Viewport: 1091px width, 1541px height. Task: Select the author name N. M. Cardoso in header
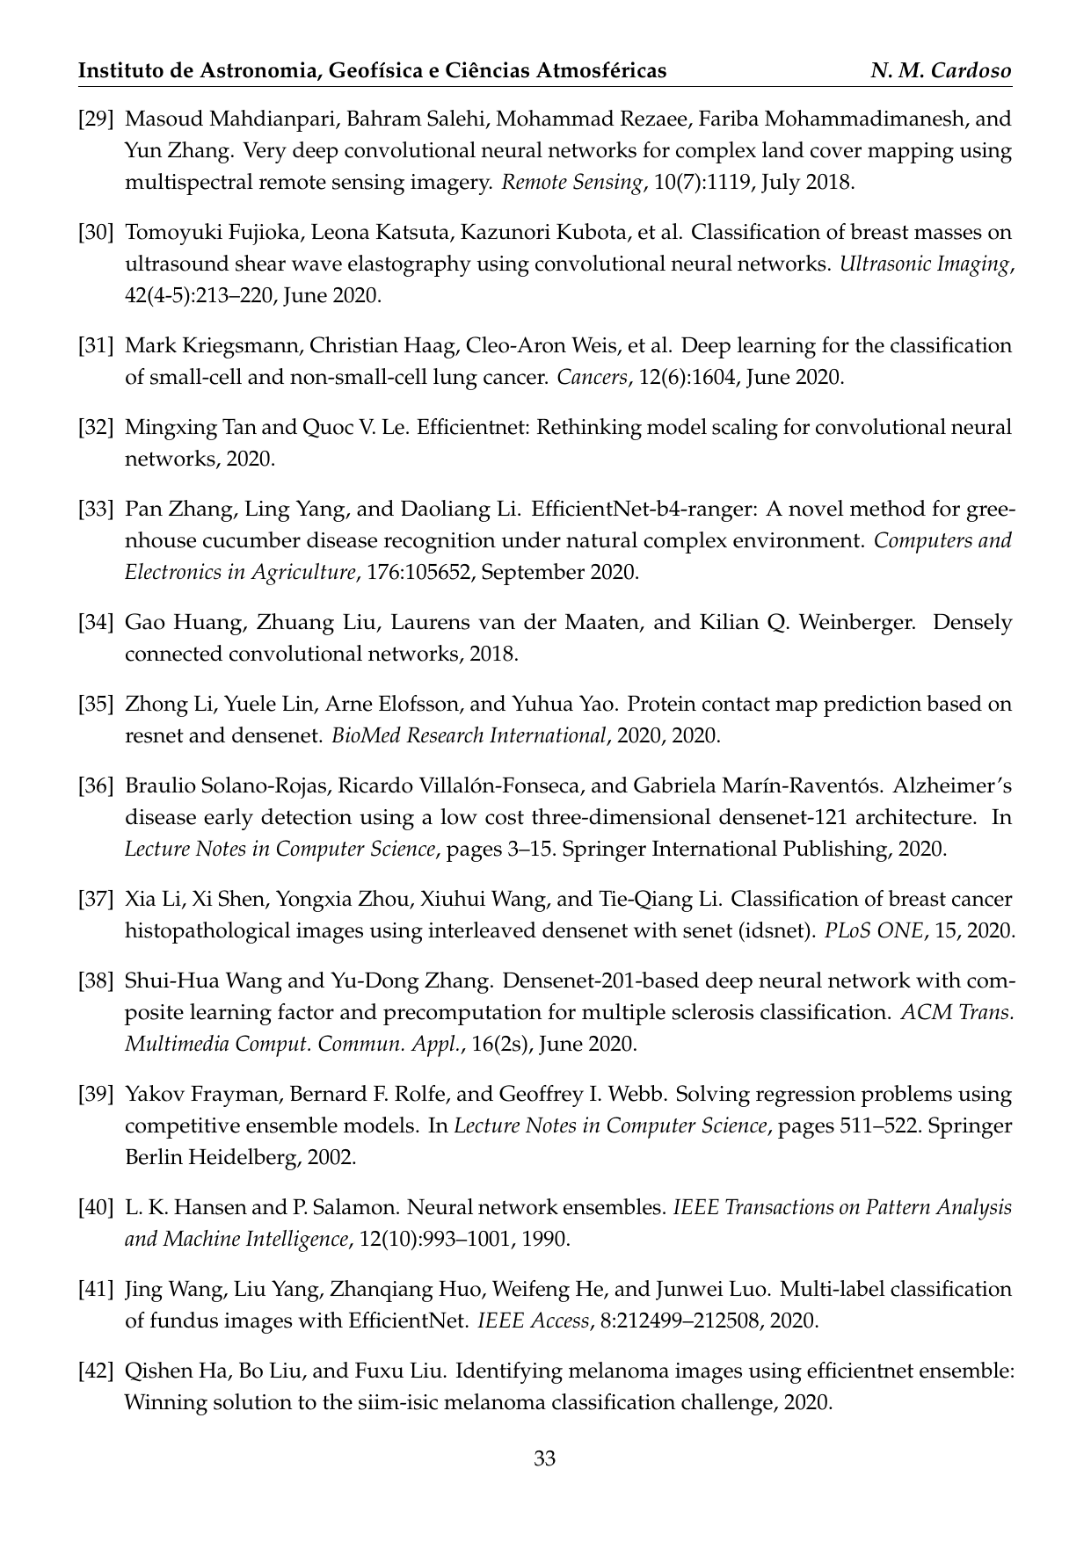(x=941, y=71)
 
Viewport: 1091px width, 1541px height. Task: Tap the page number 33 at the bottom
(x=545, y=1460)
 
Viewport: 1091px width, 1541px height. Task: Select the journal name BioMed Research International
(x=469, y=735)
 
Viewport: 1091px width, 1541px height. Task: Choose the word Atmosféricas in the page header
(x=603, y=71)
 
